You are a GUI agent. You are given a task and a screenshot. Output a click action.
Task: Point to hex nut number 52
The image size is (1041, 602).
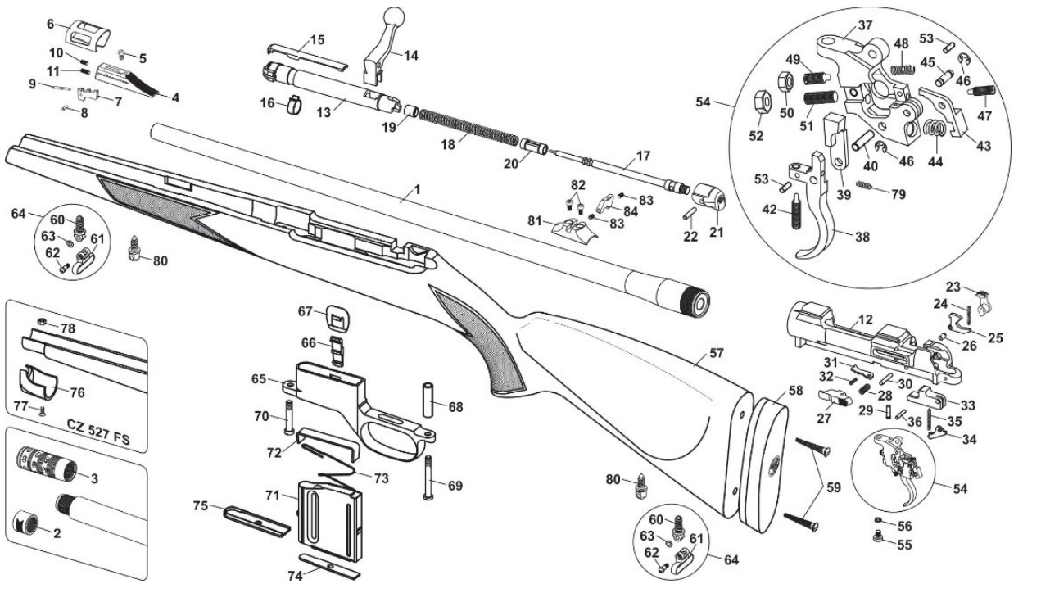tap(759, 102)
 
